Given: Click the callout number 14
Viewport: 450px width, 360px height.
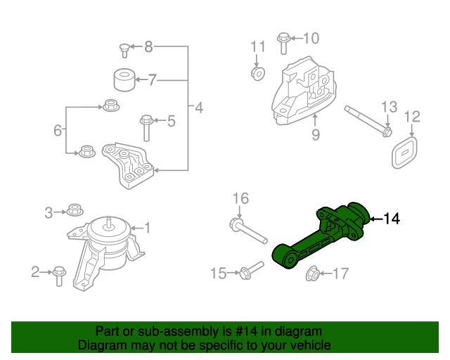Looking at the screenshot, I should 392,220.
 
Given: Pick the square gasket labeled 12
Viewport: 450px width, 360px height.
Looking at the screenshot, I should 403,152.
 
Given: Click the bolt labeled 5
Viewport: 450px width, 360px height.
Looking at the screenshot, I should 146,127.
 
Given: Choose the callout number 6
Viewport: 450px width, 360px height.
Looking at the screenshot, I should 58,130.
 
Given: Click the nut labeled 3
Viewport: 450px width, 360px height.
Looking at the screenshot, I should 76,210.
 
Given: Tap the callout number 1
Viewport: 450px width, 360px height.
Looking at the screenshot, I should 147,227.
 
